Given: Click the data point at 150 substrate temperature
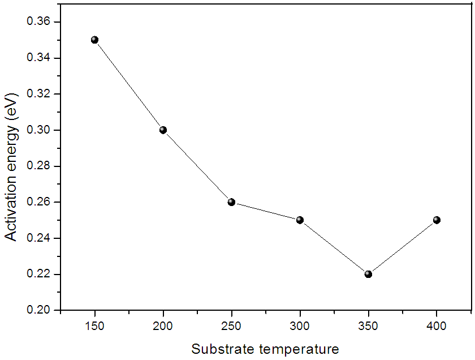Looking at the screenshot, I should click(x=94, y=40).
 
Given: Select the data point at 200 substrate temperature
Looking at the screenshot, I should click(x=163, y=130).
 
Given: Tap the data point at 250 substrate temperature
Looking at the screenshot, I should click(x=231, y=202).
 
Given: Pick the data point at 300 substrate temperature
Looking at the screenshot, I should click(x=300, y=220).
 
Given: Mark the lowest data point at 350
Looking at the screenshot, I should click(x=368, y=274).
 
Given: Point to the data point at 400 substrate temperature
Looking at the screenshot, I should click(x=437, y=220).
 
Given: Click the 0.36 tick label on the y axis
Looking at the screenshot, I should click(x=39, y=22).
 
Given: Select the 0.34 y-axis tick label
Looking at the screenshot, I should click(x=39, y=58).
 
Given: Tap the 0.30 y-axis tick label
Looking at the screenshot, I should click(x=39, y=130).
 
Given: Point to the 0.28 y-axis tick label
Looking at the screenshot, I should click(x=39, y=166).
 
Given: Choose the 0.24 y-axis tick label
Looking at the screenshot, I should click(x=39, y=238).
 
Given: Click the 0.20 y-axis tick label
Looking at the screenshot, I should click(x=39, y=310).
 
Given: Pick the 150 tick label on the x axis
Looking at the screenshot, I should click(x=94, y=327).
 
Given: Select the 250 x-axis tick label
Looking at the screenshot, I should click(x=231, y=327).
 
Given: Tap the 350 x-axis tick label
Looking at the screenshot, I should click(x=368, y=327).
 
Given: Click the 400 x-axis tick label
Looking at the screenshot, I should click(x=437, y=327).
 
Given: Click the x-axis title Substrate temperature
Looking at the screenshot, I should click(x=265, y=349).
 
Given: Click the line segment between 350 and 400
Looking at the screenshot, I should click(x=403, y=247).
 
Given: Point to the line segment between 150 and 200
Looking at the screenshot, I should click(x=129, y=85).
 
